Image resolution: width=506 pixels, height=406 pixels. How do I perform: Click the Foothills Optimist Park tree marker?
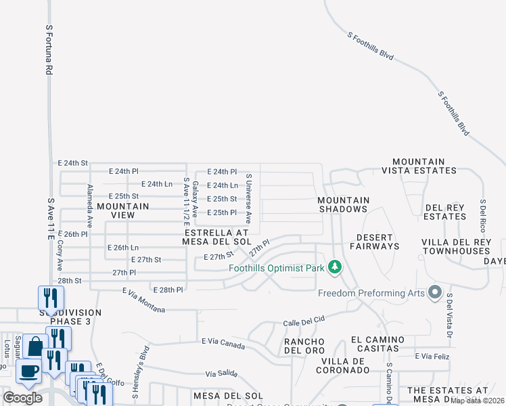tap(334, 267)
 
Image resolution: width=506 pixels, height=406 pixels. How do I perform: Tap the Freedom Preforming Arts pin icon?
tap(434, 293)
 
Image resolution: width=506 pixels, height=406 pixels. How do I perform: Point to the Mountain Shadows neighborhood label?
tap(344, 204)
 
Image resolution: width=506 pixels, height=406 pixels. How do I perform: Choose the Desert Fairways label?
tap(375, 242)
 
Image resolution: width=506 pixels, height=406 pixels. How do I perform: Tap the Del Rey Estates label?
tap(445, 212)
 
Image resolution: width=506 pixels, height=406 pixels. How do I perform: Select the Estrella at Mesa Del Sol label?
tap(217, 236)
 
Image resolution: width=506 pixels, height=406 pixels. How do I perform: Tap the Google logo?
tap(22, 398)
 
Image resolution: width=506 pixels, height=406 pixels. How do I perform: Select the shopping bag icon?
tap(33, 346)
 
